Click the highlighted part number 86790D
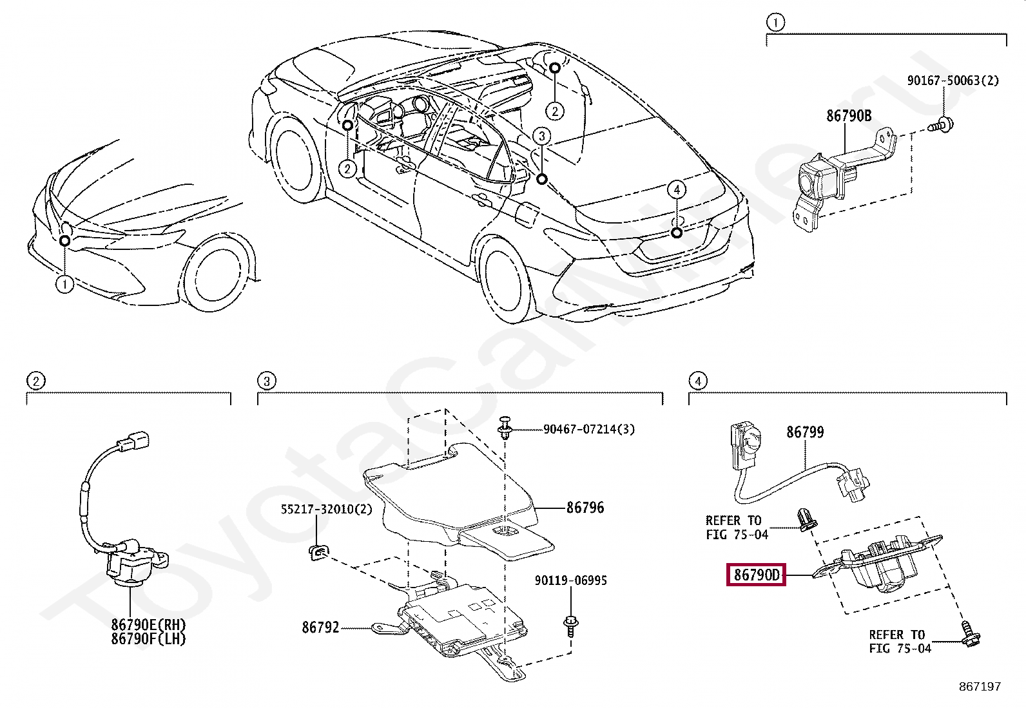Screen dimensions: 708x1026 (x=757, y=575)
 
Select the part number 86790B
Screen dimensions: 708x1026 (x=849, y=116)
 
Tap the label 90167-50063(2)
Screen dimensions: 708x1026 (x=953, y=81)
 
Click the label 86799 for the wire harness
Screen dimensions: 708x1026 (x=804, y=432)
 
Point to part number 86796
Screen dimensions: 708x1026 (x=585, y=508)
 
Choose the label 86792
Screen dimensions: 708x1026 (x=320, y=627)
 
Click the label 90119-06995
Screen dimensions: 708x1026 (x=570, y=580)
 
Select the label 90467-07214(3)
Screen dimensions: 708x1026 (x=588, y=429)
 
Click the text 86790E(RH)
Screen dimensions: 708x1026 (x=148, y=624)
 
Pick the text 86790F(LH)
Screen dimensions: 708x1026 (x=148, y=639)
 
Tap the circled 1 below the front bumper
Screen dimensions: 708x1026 (x=64, y=284)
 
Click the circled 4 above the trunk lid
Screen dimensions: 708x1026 (x=675, y=189)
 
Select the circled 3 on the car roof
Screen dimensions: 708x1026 (x=542, y=136)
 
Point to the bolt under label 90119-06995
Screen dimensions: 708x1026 (x=570, y=623)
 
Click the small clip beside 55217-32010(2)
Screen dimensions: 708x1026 (x=316, y=551)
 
